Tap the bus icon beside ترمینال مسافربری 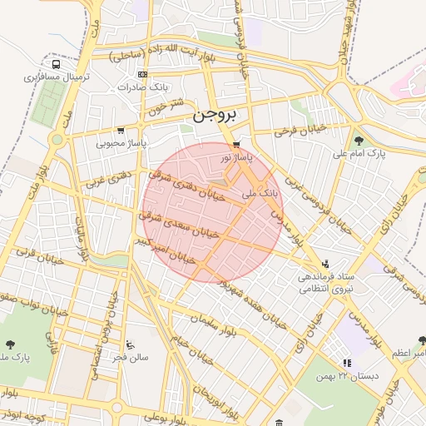coord(56,64)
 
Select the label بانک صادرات coord(165,86)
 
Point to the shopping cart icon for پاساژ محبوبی coord(121,131)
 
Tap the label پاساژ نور coord(235,156)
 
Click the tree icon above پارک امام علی coord(359,141)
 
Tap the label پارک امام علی coord(360,154)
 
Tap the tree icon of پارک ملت coord(10,344)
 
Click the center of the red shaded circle coord(212,212)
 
